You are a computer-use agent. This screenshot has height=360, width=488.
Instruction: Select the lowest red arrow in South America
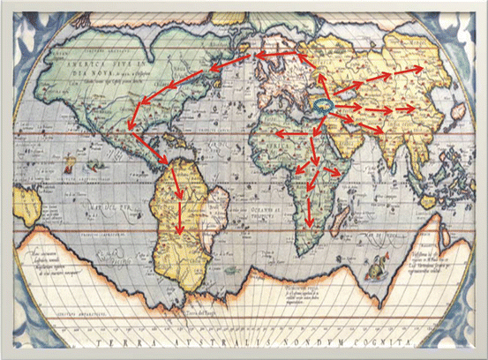click(180, 214)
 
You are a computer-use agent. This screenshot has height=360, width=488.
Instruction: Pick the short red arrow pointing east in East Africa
click(334, 169)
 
